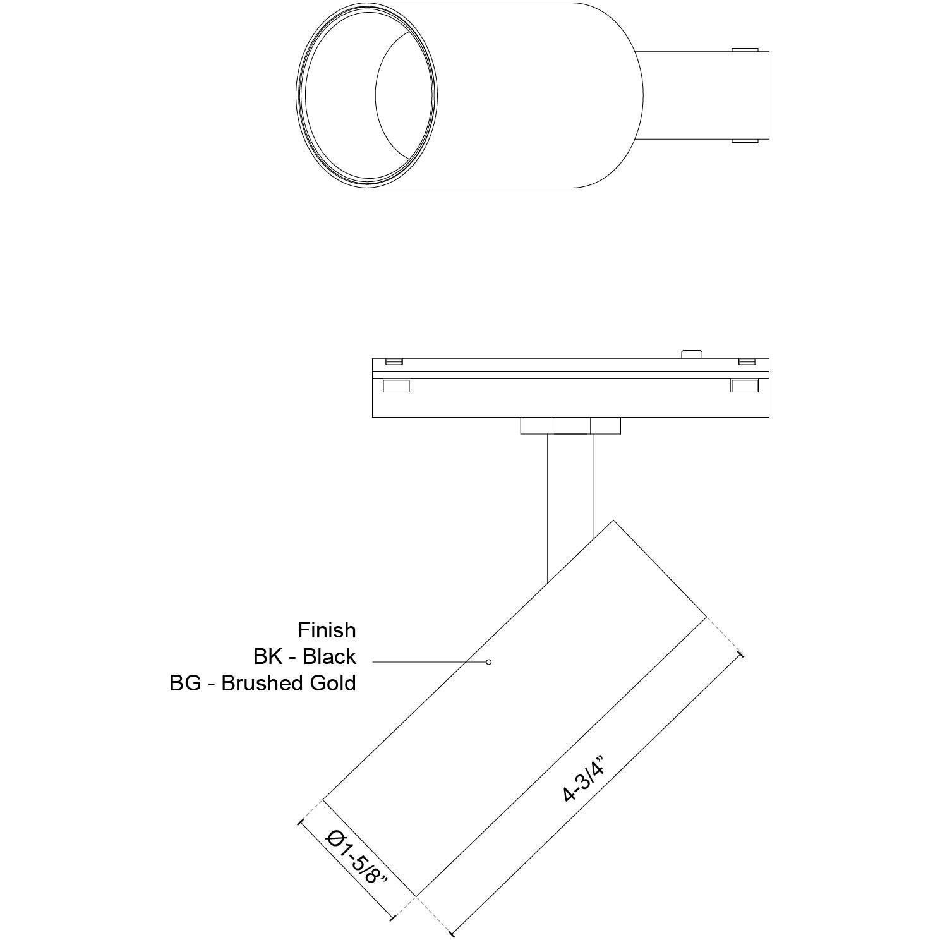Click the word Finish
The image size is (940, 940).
pyautogui.click(x=327, y=630)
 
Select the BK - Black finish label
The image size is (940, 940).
pyautogui.click(x=304, y=656)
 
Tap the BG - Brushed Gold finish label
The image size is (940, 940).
pyautogui.click(x=262, y=683)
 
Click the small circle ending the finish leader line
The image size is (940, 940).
pyautogui.click(x=488, y=662)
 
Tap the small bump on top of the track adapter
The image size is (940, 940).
pyautogui.click(x=693, y=354)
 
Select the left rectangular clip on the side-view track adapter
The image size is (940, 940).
pyautogui.click(x=397, y=385)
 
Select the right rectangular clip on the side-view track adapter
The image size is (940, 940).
pyautogui.click(x=744, y=385)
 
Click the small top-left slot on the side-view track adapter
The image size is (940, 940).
pyautogui.click(x=394, y=361)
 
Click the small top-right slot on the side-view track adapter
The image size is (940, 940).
pyautogui.click(x=747, y=361)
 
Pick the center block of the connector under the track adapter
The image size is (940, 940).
pyautogui.click(x=571, y=426)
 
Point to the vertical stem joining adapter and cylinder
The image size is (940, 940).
pyautogui.click(x=571, y=493)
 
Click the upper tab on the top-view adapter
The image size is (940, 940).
pyautogui.click(x=745, y=49)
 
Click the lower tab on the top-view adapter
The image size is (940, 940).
pyautogui.click(x=745, y=140)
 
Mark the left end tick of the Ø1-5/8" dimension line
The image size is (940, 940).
pyautogui.click(x=299, y=822)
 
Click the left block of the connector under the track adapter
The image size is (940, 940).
pyautogui.click(x=536, y=426)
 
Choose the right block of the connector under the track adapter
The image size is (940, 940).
pyautogui.click(x=606, y=426)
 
